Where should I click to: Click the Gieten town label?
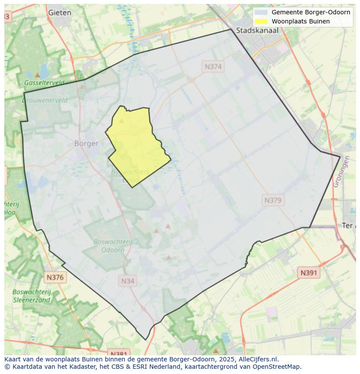[x=60, y=13]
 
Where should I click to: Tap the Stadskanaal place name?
[x=257, y=30]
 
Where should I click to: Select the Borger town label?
[x=86, y=143]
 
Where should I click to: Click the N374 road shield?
[x=213, y=66]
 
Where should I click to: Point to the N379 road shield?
[x=273, y=200]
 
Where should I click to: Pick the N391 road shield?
[x=309, y=273]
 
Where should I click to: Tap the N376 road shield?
[x=55, y=277]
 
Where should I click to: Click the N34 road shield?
[x=127, y=281]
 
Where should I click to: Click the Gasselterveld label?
[x=44, y=83]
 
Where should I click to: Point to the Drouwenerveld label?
[x=45, y=100]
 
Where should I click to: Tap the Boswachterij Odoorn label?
[x=113, y=246]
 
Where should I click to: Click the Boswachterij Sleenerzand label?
[x=32, y=296]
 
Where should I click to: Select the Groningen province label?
[x=341, y=172]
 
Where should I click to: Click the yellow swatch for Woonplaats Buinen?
[x=261, y=21]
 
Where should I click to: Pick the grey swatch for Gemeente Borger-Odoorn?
[x=261, y=12]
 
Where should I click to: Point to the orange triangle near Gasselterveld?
[x=37, y=75]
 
